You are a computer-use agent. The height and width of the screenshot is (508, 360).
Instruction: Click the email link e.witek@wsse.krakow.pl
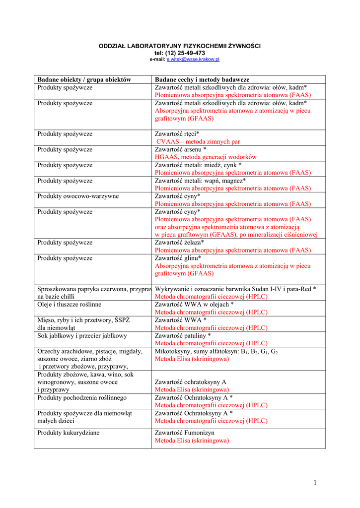coord(193,60)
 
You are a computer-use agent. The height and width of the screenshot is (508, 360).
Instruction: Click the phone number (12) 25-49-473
coord(187,53)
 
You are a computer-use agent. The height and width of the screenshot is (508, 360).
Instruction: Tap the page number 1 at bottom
coord(315,483)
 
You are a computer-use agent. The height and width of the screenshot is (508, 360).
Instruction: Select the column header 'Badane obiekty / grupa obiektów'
coord(84,79)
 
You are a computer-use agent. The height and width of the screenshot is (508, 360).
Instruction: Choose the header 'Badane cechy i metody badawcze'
coord(202,79)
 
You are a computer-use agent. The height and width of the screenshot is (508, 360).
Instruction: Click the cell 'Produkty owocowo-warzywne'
coord(78,196)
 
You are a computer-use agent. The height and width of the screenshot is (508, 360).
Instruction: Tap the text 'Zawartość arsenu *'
coord(180,149)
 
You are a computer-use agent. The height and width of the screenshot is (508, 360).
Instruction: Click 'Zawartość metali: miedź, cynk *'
coord(198,165)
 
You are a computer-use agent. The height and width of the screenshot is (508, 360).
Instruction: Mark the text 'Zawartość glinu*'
coord(178,258)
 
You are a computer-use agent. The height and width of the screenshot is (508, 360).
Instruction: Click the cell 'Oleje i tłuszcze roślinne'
coord(69,304)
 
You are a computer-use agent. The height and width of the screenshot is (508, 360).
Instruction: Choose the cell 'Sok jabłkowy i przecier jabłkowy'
coord(82,335)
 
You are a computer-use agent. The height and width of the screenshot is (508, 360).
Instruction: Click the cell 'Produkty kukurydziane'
coord(68,433)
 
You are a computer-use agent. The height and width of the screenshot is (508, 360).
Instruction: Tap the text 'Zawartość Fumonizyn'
coord(185,433)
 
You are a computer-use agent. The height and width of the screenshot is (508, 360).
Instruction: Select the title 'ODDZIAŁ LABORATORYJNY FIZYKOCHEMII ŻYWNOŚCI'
coord(180,46)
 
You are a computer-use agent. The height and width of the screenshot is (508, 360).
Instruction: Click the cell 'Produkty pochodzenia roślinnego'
coord(82,398)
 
